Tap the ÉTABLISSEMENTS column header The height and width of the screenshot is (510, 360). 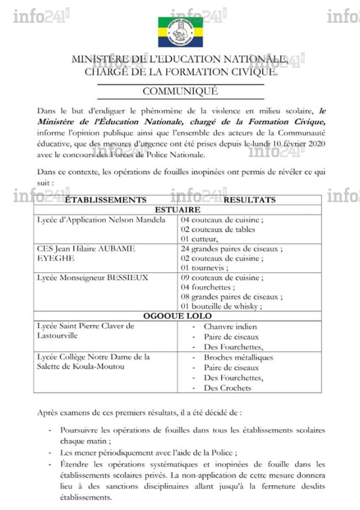pyautogui.click(x=105, y=200)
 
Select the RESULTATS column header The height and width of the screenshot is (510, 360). pyautogui.click(x=250, y=200)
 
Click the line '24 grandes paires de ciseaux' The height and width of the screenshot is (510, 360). pyautogui.click(x=231, y=248)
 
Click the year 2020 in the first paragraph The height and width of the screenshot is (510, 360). pyautogui.click(x=313, y=145)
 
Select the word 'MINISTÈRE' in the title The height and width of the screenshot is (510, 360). pyautogui.click(x=98, y=59)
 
